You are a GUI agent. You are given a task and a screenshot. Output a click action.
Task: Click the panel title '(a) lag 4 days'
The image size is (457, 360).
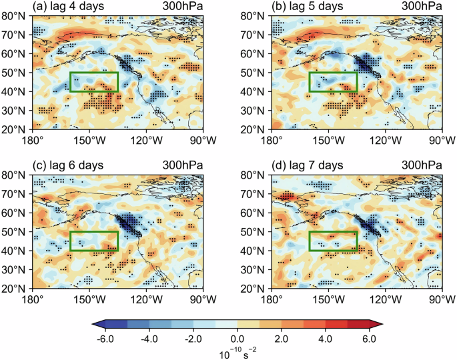coord(67,6)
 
